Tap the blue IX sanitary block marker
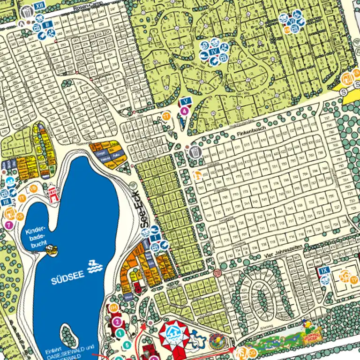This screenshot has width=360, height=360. point(323,270)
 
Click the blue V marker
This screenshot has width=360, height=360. point(186,101)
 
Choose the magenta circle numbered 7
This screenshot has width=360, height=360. point(9,224)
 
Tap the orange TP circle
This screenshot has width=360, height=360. point(355,280)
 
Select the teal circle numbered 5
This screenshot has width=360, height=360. point(126,345)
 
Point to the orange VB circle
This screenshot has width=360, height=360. point(33,188)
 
